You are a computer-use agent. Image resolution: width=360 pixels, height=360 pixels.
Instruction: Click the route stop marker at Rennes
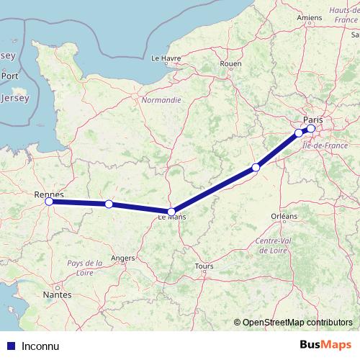tap(49, 202)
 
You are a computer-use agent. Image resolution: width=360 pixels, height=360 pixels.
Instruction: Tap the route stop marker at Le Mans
tap(171, 212)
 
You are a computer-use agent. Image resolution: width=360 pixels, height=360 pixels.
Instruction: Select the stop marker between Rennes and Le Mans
tap(108, 204)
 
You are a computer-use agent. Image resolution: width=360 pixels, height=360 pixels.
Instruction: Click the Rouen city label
tap(230, 64)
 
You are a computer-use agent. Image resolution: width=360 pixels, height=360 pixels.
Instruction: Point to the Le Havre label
tap(165, 57)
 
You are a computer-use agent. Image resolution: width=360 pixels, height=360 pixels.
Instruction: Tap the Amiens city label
tap(310, 17)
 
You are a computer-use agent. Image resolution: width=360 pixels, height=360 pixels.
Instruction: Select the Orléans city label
tap(284, 216)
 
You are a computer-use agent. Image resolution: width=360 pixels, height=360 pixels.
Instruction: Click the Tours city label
tap(204, 266)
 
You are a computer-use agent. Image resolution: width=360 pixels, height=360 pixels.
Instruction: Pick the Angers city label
tap(122, 257)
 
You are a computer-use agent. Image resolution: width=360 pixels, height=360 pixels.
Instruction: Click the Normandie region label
tap(161, 100)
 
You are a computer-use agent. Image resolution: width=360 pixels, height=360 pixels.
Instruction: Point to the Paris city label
tap(313, 120)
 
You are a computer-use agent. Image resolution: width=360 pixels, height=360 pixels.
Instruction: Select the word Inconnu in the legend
tap(39, 346)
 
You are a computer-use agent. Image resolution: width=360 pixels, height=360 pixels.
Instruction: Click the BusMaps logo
tap(325, 345)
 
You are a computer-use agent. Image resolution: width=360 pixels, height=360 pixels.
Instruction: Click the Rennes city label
tap(49, 194)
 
